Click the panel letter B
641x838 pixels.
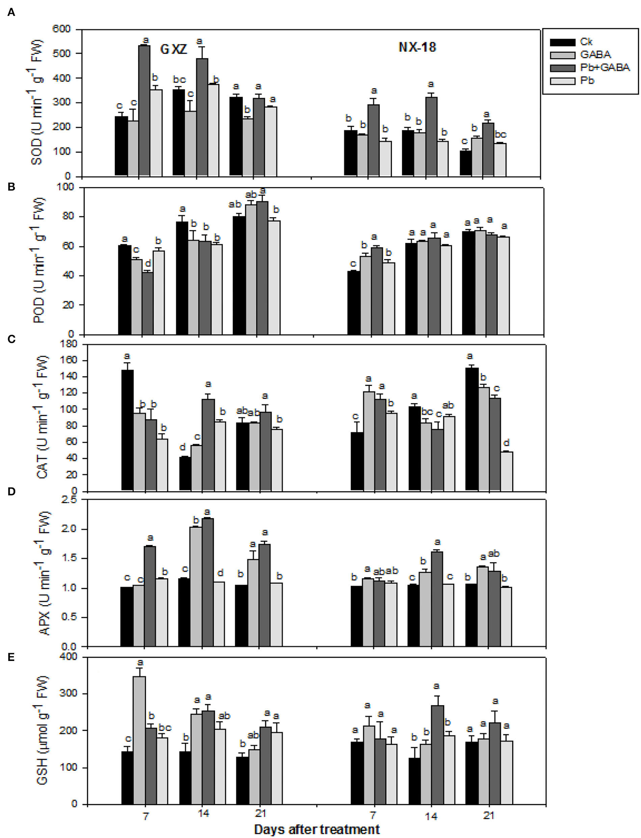[x=11, y=187]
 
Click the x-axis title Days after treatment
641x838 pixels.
[x=316, y=826]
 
